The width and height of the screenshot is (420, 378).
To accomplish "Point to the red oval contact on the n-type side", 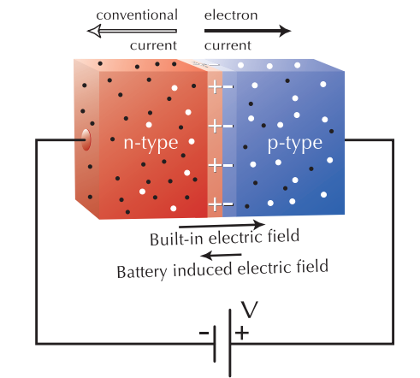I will pos(86,139).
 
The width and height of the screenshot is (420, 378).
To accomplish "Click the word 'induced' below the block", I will pos(201,269).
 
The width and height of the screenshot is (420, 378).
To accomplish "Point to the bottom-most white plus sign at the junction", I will pos(215,204).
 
